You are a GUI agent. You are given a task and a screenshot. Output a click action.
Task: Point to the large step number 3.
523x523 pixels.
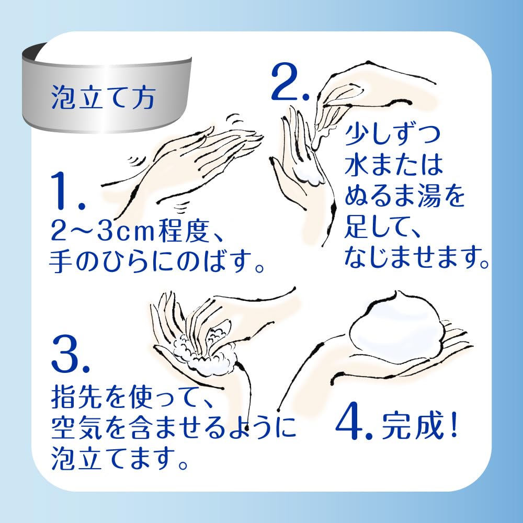tap(71, 354)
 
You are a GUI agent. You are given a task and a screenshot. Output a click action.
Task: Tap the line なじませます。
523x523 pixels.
tap(417, 257)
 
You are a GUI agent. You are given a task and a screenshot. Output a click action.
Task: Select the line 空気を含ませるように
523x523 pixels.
tap(174, 427)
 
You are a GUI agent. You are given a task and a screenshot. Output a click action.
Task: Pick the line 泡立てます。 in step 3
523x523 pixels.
tap(119, 458)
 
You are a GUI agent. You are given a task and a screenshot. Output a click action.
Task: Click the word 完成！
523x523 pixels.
tap(419, 426)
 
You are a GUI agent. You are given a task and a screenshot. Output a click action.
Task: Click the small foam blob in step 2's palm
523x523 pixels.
tap(311, 177)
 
